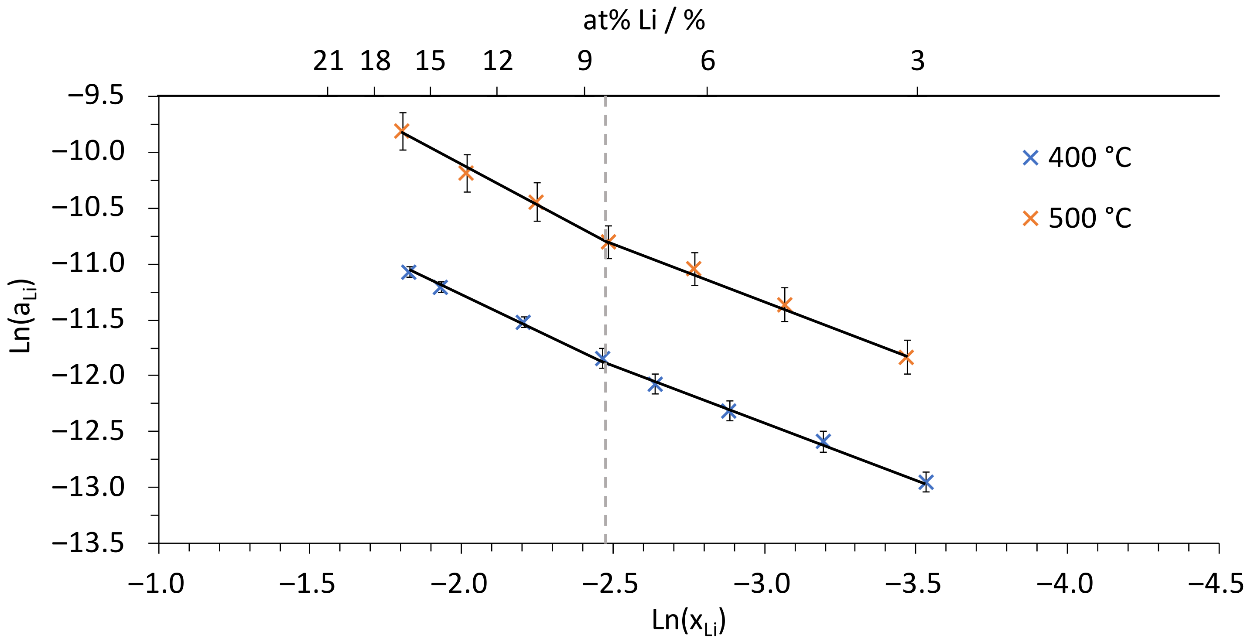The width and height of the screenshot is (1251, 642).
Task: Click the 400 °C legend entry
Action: click(x=1076, y=157)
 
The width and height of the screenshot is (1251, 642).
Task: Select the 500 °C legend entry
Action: click(x=1076, y=218)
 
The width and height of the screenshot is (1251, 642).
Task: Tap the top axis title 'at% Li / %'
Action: click(x=644, y=20)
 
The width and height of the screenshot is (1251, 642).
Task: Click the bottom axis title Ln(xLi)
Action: click(x=688, y=621)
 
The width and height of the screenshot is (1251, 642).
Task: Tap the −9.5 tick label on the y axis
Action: click(x=96, y=96)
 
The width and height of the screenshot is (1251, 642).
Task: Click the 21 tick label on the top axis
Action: click(x=328, y=61)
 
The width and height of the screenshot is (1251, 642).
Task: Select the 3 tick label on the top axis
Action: click(x=917, y=61)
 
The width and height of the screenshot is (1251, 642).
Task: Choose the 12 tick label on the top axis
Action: click(x=497, y=61)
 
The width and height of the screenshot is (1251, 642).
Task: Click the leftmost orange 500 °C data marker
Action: click(x=402, y=131)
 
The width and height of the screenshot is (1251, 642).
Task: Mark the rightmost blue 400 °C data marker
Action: click(x=926, y=482)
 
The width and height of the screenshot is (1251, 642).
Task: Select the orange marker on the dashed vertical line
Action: click(x=608, y=241)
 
